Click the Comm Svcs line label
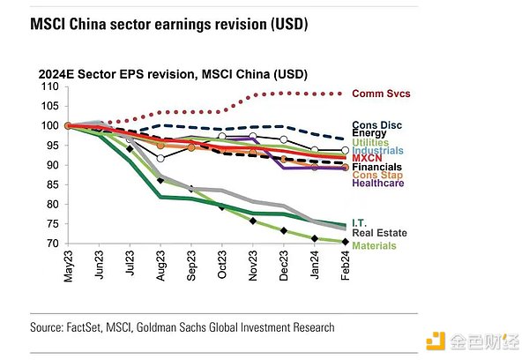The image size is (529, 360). coord(381,94)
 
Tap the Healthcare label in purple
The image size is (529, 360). coord(379,183)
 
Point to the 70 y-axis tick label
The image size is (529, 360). coord(52,243)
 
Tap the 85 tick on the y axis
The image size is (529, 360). coord(52,184)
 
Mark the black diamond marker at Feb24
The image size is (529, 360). coord(344,242)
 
